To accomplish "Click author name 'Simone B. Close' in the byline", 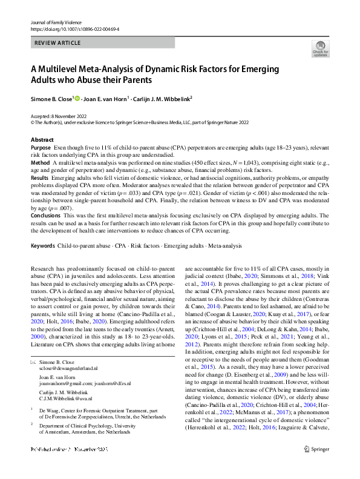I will coord(51,98).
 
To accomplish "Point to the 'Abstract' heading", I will coord(42,139).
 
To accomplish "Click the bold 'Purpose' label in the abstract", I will coord(41,147).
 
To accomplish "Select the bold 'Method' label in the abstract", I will coord(40,163).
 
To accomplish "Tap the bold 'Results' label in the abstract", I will coord(39,179).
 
